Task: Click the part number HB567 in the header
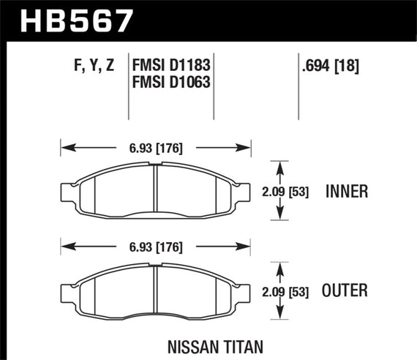[79, 20]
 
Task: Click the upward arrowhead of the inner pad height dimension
[279, 165]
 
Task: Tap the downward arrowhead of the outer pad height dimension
[279, 318]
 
